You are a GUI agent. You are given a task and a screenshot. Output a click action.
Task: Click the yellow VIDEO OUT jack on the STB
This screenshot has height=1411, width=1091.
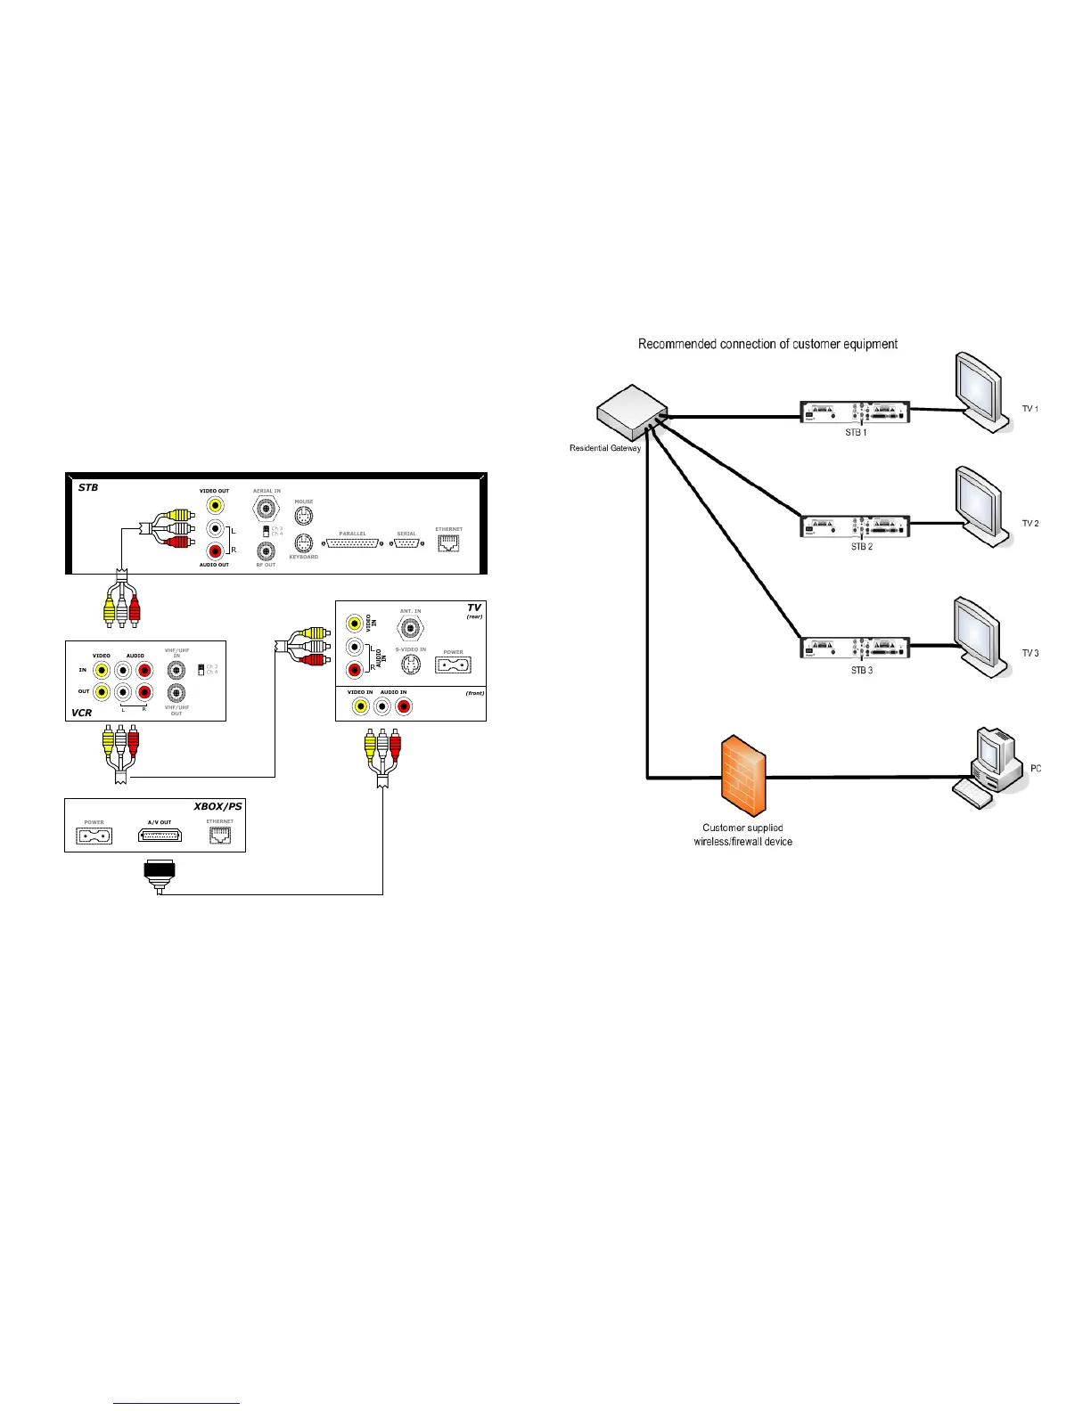coord(215,505)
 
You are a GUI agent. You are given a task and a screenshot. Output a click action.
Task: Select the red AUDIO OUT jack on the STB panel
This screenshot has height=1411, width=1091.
coord(215,551)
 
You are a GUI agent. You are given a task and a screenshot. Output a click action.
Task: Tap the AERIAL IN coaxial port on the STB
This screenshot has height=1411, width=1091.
coord(266,509)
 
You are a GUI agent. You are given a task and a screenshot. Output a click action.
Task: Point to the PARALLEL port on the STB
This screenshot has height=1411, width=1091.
coord(353,542)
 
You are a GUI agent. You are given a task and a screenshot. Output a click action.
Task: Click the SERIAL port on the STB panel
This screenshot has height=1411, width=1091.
coord(407,542)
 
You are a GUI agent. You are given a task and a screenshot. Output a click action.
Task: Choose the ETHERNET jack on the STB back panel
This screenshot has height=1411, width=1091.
coord(448,542)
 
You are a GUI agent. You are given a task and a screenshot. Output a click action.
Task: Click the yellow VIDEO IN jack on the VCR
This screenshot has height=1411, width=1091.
coord(102,670)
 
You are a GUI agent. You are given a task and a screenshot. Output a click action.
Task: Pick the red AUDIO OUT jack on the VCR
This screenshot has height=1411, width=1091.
coord(144,692)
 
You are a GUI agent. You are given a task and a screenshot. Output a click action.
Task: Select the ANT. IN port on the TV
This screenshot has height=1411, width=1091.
coord(410,628)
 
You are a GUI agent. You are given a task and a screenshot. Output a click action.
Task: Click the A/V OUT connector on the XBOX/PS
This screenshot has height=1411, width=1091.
coord(160,836)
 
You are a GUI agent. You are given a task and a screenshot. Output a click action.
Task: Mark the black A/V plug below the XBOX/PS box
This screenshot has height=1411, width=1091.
coord(160,872)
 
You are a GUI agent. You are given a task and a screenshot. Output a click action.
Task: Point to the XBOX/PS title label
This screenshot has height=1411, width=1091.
coord(217,806)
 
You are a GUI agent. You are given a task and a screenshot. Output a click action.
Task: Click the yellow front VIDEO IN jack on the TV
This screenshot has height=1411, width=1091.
coord(360,706)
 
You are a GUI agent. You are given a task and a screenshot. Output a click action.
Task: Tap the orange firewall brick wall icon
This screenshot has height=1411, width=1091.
coord(743,775)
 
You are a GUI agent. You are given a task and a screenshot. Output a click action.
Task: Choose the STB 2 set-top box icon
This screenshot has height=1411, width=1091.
coord(855,526)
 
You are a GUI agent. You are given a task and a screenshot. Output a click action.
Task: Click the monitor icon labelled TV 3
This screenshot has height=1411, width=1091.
coord(980,635)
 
